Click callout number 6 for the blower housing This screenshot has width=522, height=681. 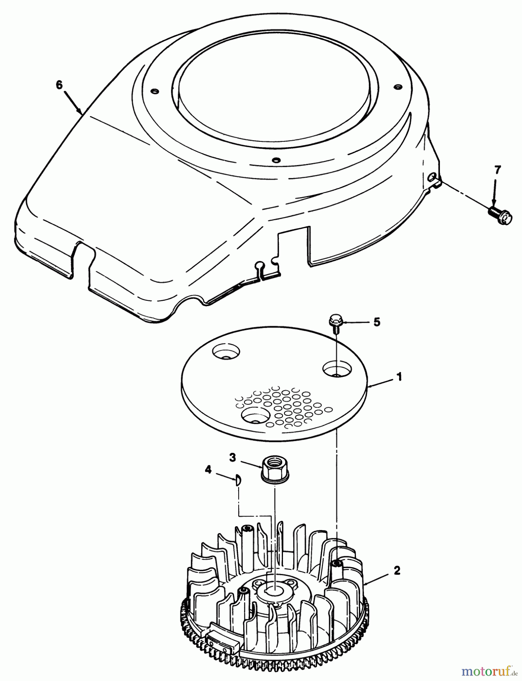(59, 85)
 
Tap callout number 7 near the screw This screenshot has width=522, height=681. (497, 170)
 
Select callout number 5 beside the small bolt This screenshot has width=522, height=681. (377, 322)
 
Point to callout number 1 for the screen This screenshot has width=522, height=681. (399, 377)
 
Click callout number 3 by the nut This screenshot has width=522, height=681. (232, 457)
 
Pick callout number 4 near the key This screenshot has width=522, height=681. (208, 470)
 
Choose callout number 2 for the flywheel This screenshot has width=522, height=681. (396, 571)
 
